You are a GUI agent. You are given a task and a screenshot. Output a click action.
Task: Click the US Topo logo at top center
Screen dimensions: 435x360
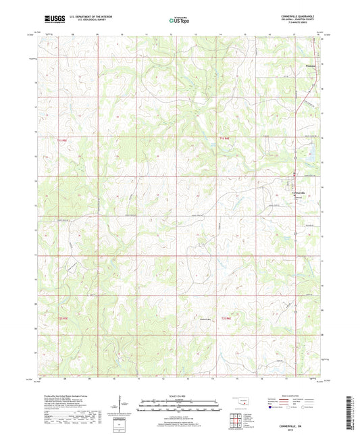click(179, 21)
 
